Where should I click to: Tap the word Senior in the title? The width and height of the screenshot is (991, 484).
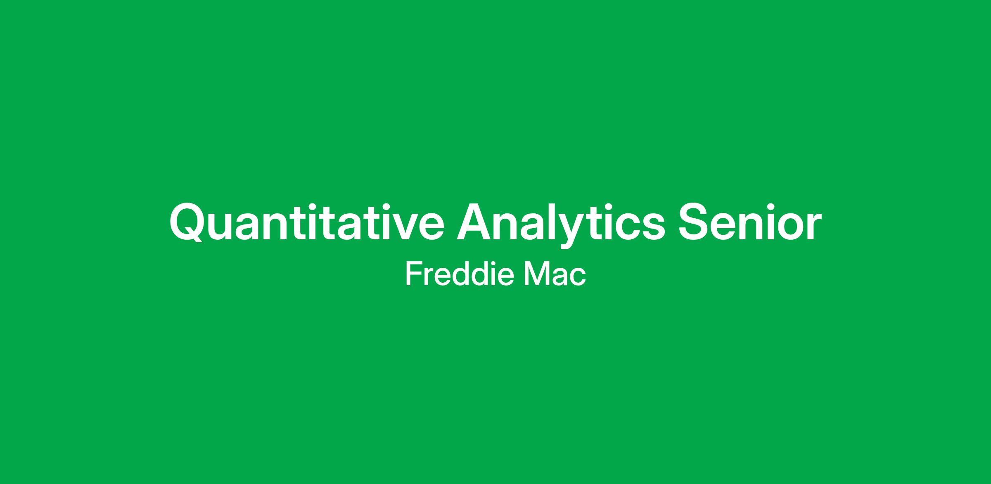click(749, 222)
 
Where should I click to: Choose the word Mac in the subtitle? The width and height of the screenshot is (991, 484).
click(555, 274)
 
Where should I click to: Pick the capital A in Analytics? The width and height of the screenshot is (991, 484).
click(474, 222)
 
